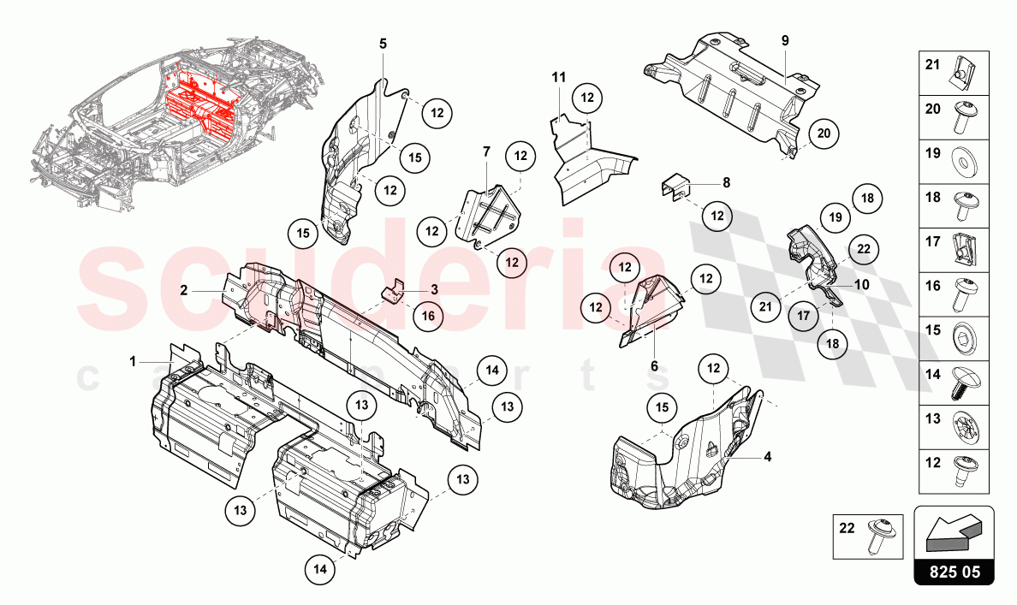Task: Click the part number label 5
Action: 383,43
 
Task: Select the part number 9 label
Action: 784,40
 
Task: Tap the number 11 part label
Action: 558,78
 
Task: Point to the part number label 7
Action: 486,151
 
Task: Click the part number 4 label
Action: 767,457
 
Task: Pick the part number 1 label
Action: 133,362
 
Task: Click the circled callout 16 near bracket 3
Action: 428,316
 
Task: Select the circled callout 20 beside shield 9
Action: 823,133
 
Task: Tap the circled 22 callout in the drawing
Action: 863,249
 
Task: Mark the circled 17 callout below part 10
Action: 804,316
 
